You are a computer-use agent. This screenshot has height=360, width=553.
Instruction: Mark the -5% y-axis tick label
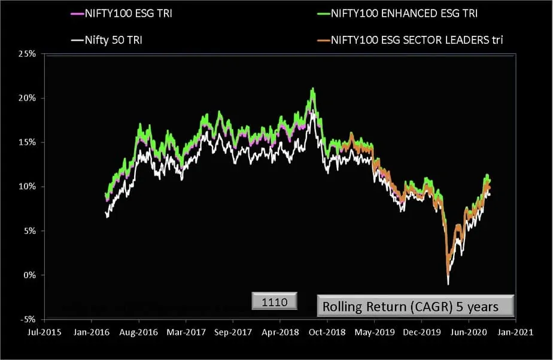coord(29,319)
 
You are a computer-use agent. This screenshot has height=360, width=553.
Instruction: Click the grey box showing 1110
coord(274,303)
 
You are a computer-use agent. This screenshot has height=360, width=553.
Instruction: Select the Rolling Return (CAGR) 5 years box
coord(415,306)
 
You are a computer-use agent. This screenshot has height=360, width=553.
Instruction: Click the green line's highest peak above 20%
coord(312,89)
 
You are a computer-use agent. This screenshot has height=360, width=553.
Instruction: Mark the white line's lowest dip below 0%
coord(448,283)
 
